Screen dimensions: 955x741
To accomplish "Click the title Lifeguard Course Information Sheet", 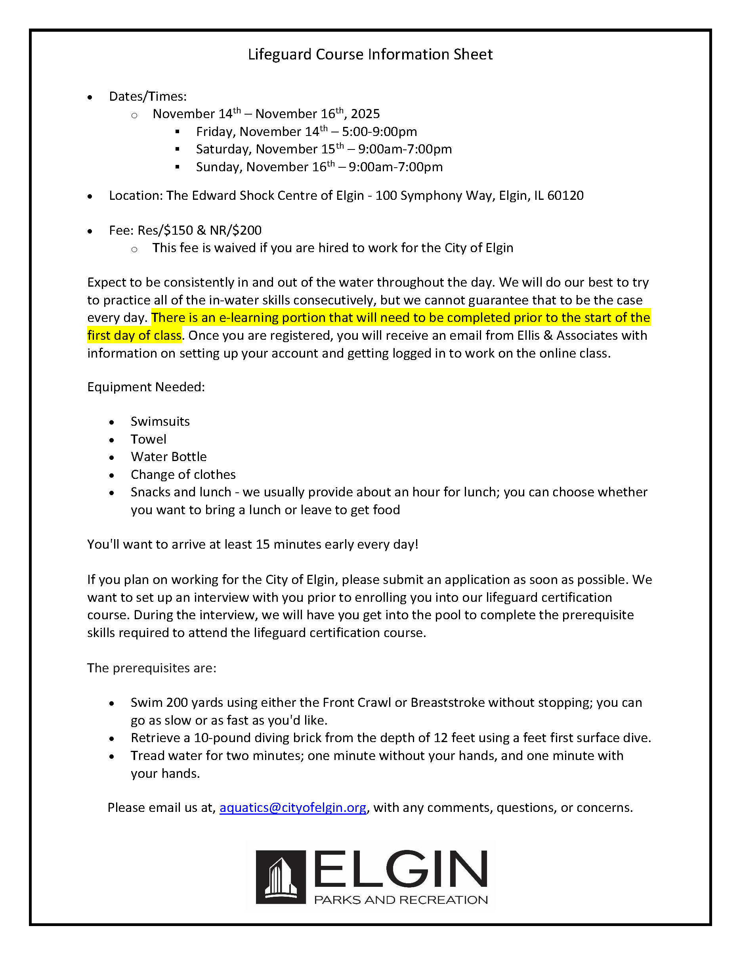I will (x=370, y=55).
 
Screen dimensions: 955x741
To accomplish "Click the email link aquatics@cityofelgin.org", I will (x=292, y=808).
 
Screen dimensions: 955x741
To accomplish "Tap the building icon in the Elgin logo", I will (x=280, y=877).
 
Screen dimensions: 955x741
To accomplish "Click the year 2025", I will (x=365, y=114).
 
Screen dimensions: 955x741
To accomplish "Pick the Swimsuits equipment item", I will (x=160, y=421).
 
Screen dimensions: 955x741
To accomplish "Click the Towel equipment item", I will (x=148, y=440).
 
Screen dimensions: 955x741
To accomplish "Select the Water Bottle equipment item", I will (x=168, y=457).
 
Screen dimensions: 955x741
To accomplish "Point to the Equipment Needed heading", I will (x=146, y=387).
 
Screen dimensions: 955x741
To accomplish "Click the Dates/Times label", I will (x=148, y=97).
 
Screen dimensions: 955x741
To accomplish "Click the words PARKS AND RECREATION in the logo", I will (x=401, y=900).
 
